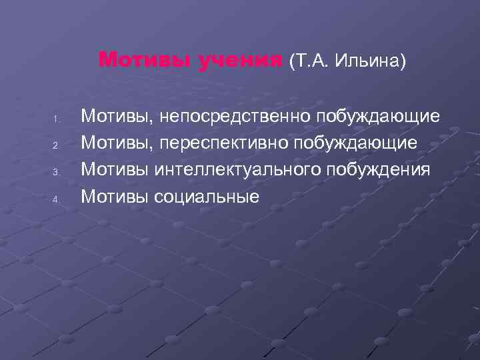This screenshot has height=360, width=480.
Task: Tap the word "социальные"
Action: pos(206,197)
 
